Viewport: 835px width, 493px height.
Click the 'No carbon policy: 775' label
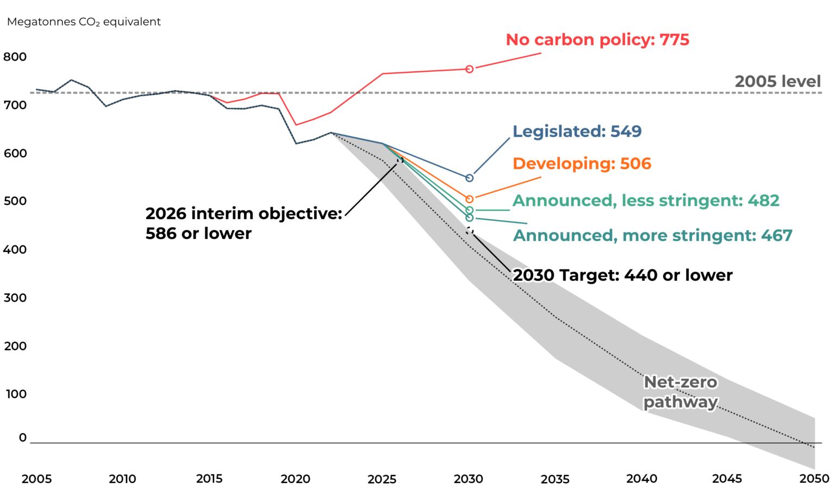(x=597, y=40)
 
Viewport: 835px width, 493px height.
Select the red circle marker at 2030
(x=469, y=69)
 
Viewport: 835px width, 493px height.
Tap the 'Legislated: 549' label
(x=577, y=131)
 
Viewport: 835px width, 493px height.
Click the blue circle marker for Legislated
(x=469, y=178)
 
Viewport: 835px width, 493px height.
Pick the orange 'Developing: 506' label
(x=582, y=163)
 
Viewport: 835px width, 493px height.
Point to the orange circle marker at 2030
(x=469, y=199)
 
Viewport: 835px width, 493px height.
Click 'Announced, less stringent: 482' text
(x=646, y=201)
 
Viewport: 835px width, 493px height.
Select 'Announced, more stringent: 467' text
(x=652, y=236)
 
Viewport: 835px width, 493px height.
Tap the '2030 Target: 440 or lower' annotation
(x=622, y=275)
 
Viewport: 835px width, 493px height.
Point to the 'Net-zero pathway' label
(x=680, y=392)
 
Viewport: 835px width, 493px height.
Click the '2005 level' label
(x=777, y=82)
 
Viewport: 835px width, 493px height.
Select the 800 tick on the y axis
(x=15, y=57)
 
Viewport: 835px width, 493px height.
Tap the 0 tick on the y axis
(x=22, y=437)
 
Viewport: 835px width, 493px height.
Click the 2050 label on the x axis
(x=814, y=479)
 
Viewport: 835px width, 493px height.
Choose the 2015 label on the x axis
(x=209, y=479)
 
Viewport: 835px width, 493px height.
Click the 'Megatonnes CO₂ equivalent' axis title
(x=84, y=22)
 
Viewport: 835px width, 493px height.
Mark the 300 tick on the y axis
(x=15, y=298)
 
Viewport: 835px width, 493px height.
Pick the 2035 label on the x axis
(x=555, y=479)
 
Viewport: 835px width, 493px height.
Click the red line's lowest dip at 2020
(x=296, y=125)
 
